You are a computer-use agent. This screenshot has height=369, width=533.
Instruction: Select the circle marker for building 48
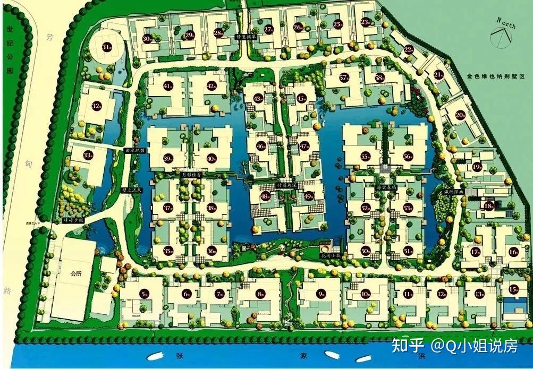[265, 196]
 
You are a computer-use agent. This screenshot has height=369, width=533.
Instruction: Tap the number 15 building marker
[513, 289]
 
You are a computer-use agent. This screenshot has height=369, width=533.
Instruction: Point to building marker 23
[365, 22]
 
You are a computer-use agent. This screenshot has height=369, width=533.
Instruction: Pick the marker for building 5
[145, 294]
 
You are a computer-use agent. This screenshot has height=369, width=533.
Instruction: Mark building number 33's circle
[88, 155]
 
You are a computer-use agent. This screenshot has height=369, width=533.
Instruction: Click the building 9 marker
[320, 293]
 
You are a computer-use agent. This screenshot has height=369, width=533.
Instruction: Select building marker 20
[460, 115]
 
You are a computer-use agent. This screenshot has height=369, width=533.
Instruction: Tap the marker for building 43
[258, 98]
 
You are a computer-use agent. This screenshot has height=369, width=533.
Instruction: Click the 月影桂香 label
[190, 174]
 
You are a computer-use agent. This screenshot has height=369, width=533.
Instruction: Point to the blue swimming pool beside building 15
[512, 306]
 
